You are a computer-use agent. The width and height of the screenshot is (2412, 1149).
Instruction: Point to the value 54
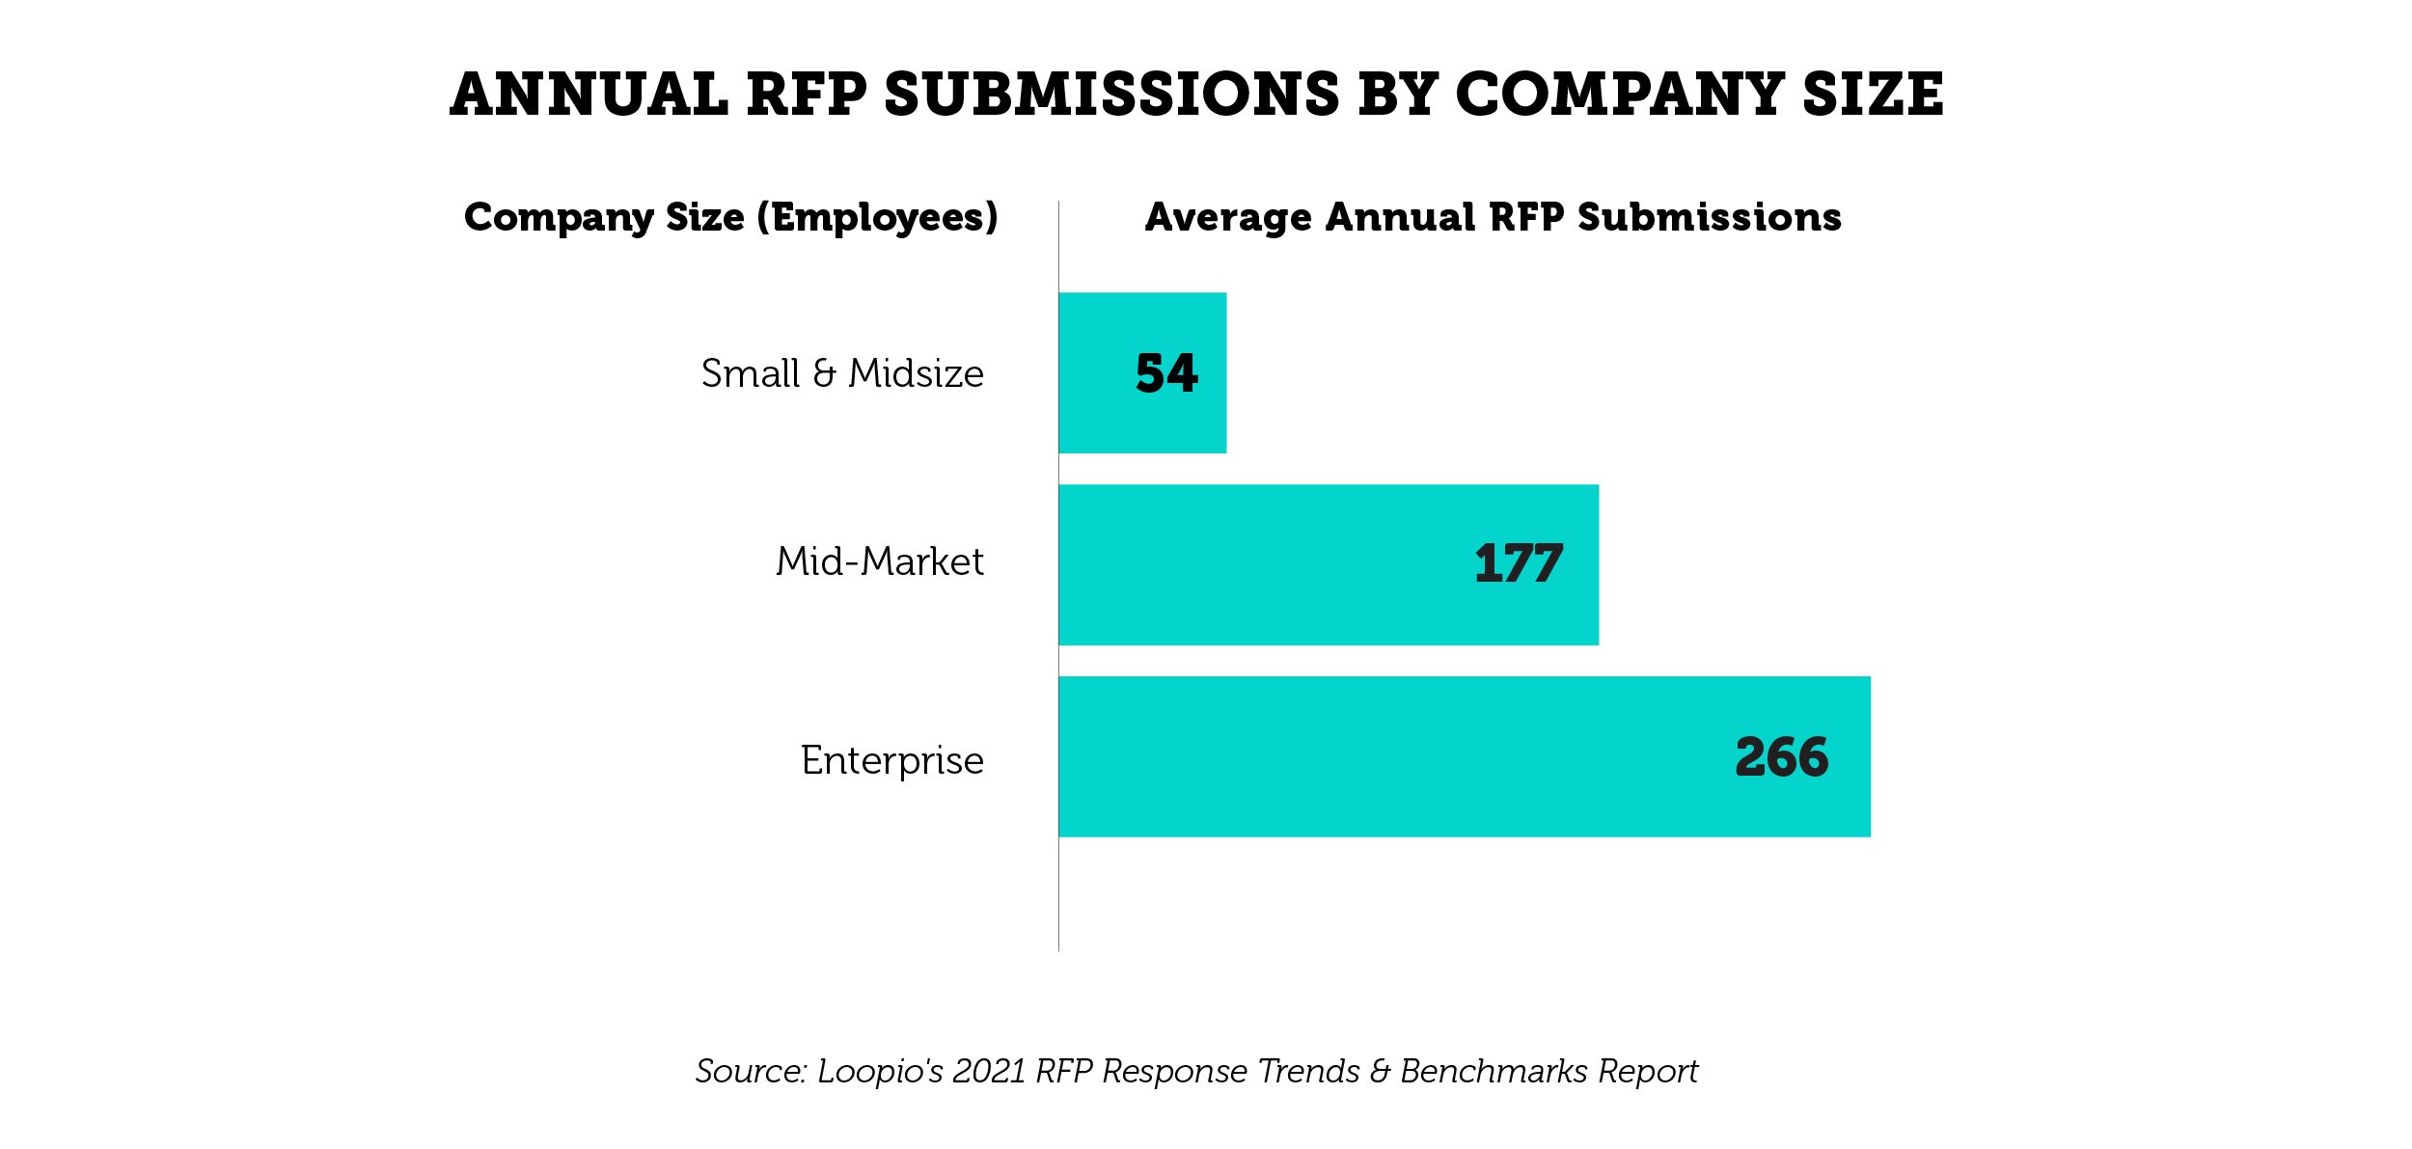click(1166, 373)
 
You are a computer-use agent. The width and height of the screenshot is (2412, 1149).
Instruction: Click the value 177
click(1518, 564)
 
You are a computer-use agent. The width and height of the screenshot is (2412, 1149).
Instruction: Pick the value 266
click(1781, 757)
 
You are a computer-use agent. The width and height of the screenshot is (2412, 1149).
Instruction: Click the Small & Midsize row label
click(842, 373)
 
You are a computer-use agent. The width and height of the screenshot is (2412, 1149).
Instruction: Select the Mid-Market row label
click(880, 561)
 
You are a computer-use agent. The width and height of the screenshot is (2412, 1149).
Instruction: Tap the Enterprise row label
click(891, 761)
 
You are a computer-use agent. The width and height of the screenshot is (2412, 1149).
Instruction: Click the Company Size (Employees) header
click(730, 218)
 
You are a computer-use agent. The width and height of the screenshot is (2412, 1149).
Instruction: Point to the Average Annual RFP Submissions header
click(1493, 218)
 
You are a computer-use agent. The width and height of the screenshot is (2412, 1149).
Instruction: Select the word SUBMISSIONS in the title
click(1111, 95)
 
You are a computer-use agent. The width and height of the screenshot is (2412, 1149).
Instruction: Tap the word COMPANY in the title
click(1619, 95)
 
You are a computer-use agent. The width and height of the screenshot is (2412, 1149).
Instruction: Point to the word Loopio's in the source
click(879, 1072)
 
